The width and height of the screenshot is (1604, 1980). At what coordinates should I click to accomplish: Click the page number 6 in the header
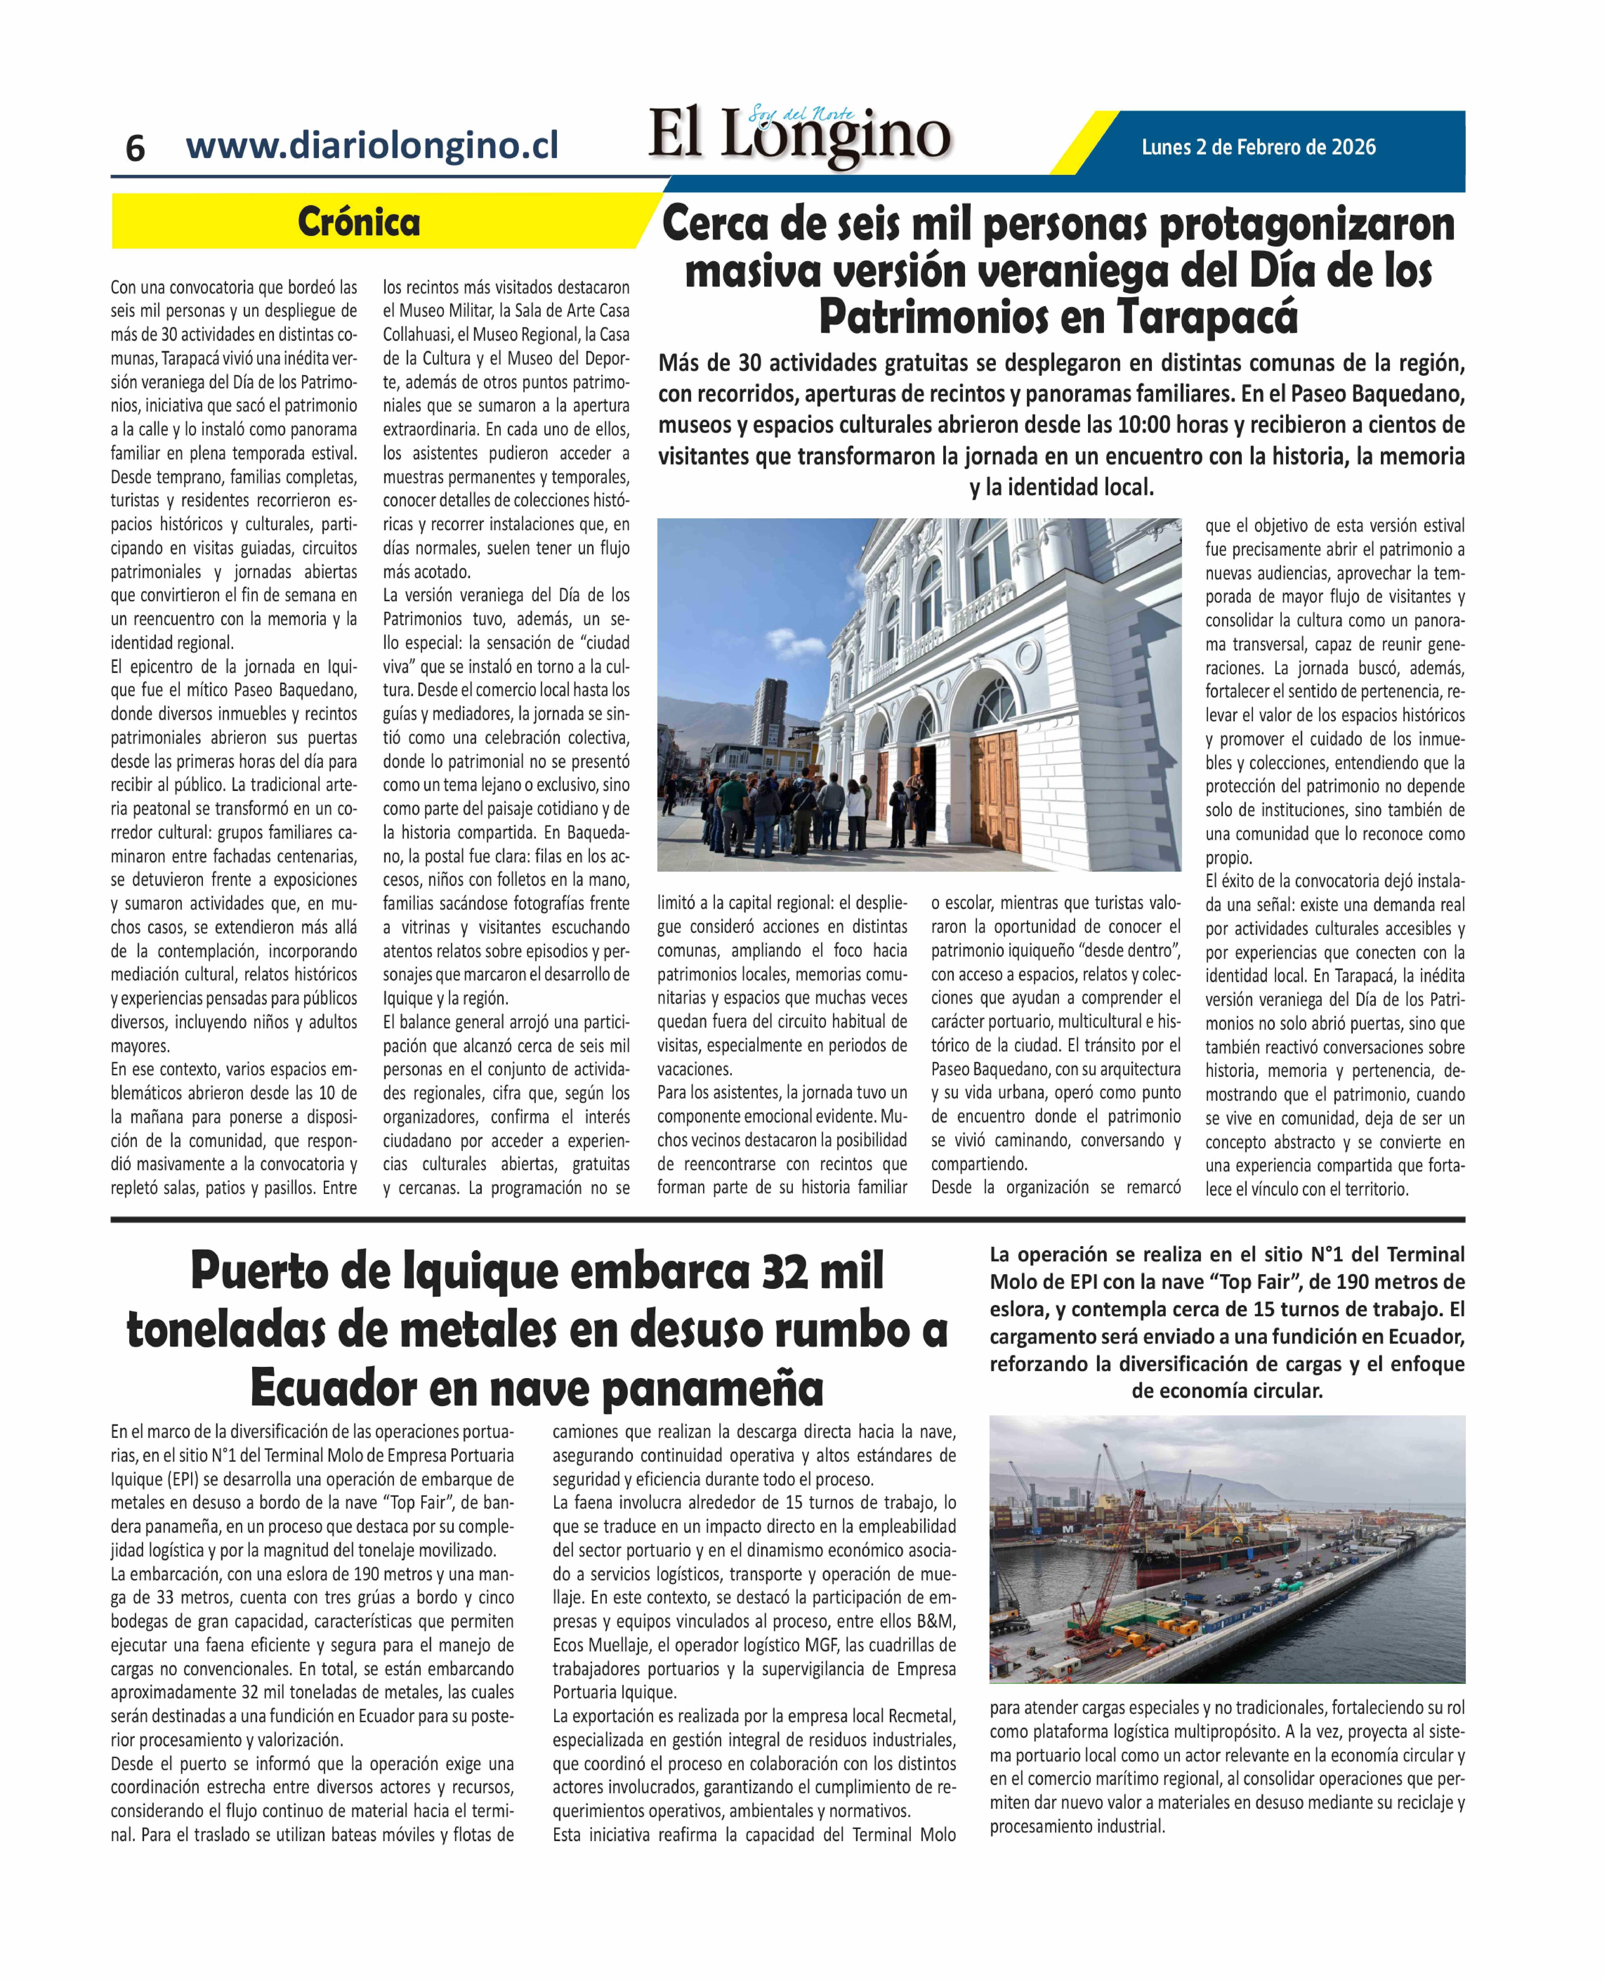[135, 148]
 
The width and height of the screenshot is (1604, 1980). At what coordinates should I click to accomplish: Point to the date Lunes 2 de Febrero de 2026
[1258, 147]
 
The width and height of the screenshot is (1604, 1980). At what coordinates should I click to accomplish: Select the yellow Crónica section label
[358, 222]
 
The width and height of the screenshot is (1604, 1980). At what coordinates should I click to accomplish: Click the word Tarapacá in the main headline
[1207, 317]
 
